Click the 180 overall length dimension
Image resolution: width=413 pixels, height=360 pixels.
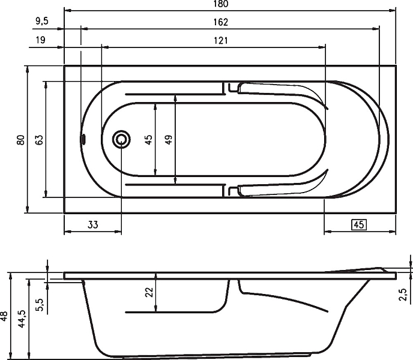pos(221,4)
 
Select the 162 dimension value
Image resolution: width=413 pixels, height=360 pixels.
pos(221,22)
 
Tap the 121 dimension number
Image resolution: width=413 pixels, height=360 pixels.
pos(221,41)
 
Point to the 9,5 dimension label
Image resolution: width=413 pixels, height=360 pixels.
pos(42,21)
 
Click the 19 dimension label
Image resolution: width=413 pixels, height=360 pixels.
pos(41,40)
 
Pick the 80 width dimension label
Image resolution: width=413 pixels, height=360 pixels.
pos(20,140)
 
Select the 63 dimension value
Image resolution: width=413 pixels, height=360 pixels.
pos(39,140)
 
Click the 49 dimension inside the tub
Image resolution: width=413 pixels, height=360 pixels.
pos(169,140)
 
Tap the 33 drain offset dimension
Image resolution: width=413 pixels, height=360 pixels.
pos(92,224)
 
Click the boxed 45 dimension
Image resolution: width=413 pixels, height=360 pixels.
pos(359,224)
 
